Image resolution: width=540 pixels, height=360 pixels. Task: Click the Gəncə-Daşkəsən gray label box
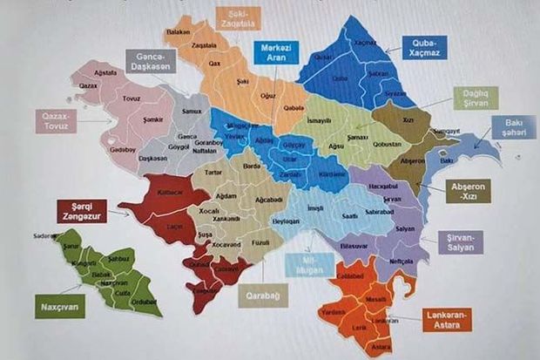(x=151, y=61)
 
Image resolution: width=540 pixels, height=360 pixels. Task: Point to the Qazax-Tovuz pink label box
(x=57, y=120)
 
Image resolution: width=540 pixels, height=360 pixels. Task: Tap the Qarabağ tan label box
(x=264, y=295)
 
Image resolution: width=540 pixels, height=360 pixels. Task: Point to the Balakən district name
(x=178, y=31)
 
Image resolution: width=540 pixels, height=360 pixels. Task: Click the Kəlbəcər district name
(x=170, y=190)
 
